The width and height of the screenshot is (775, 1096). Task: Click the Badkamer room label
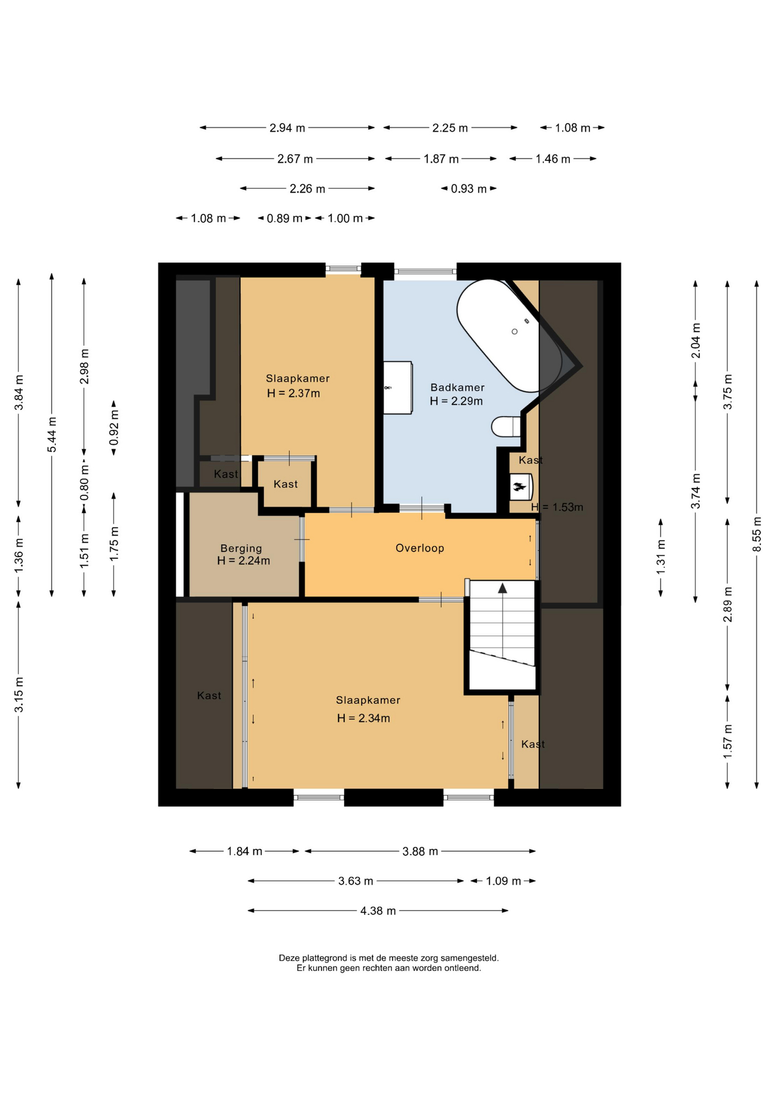coord(457,388)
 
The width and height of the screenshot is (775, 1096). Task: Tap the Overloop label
coord(419,548)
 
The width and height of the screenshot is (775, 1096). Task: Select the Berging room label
coord(241,549)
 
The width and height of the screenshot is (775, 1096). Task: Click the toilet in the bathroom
coord(506,426)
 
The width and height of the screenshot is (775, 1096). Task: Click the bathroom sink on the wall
coord(398,388)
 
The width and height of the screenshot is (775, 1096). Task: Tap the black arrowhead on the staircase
coord(502,588)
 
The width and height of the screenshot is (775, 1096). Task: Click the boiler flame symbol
coord(519,487)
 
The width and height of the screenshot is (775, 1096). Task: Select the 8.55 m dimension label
coord(757,534)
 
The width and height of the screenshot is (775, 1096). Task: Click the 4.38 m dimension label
coord(378,910)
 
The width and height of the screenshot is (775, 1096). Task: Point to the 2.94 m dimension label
coord(287,128)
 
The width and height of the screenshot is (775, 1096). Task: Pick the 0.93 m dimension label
coord(469,189)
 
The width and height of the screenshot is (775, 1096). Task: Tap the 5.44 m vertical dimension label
coord(52,434)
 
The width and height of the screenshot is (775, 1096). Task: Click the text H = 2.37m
coord(293,393)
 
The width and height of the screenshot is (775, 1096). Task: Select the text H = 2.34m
coord(364,718)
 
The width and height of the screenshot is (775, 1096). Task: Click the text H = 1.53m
coord(557,507)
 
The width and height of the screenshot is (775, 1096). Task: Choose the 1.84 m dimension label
coord(244,851)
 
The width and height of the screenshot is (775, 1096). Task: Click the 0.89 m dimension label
coord(284,219)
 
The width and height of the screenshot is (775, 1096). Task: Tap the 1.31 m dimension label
coord(661,557)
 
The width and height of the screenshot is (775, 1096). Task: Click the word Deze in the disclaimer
coord(289,958)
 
